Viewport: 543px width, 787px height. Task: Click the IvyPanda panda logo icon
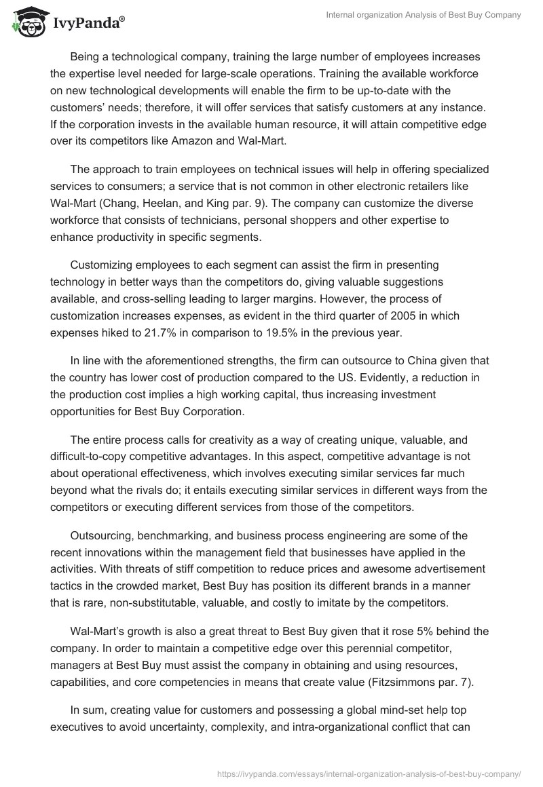[26, 23]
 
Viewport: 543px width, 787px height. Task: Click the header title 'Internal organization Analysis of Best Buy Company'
[415, 15]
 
